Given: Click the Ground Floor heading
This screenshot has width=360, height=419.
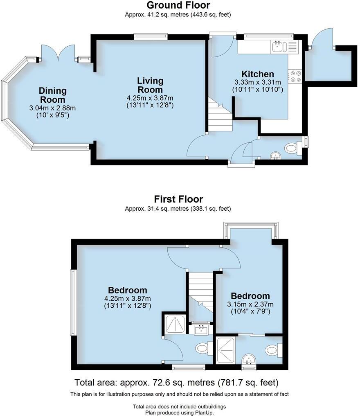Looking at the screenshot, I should click(x=178, y=5).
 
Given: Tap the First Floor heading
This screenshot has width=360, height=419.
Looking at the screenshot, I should click(x=178, y=199).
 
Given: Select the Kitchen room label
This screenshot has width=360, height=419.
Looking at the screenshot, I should click(x=258, y=74).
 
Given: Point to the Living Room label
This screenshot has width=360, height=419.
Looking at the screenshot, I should click(x=150, y=85).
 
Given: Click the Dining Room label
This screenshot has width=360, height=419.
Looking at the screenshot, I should click(x=52, y=95).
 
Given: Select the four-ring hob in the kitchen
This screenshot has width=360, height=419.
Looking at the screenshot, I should click(x=295, y=77).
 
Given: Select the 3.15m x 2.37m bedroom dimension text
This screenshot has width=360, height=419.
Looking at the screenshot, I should click(x=250, y=304).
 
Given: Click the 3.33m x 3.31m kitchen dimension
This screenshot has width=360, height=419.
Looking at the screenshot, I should click(x=258, y=82).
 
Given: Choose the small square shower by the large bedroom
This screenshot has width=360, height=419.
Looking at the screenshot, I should click(x=175, y=324).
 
